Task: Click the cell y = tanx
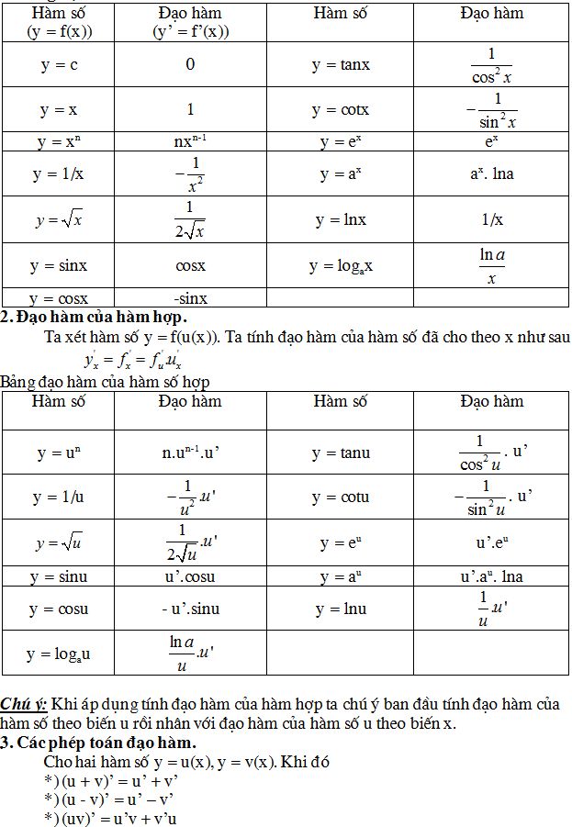click(x=340, y=64)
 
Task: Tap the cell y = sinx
click(x=58, y=265)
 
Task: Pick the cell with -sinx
click(x=190, y=297)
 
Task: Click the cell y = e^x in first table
click(x=340, y=142)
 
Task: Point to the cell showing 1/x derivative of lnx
click(x=491, y=219)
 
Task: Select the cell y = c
click(x=58, y=64)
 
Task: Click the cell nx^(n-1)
click(x=190, y=142)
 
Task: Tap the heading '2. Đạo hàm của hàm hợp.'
click(x=94, y=317)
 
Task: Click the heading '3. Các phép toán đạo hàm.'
click(x=98, y=742)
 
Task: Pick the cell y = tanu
click(x=340, y=453)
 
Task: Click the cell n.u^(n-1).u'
click(x=190, y=453)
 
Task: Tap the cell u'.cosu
click(x=190, y=576)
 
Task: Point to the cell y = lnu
click(x=340, y=609)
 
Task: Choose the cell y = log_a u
click(x=58, y=654)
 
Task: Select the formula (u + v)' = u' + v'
click(x=110, y=781)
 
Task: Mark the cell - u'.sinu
click(x=190, y=609)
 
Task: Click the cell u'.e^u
click(x=491, y=542)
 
